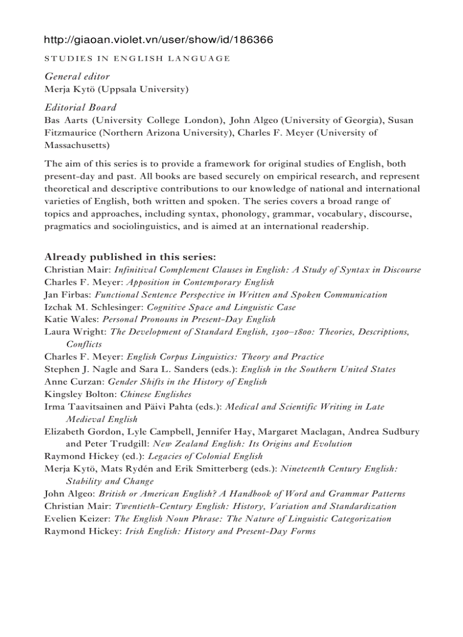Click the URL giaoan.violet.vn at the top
coord(158,40)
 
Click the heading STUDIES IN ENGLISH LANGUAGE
coord(137,58)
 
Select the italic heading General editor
coord(77,76)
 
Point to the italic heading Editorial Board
coord(81,107)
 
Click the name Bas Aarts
coord(66,120)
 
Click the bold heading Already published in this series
coord(130,257)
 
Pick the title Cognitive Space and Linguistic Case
coord(221,307)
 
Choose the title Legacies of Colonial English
coord(205,456)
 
